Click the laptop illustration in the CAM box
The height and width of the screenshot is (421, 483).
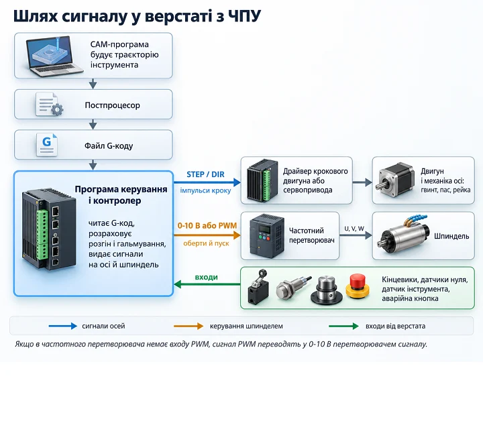tap(54, 56)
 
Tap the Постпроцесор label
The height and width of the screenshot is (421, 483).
tap(113, 105)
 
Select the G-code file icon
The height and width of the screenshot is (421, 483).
tap(47, 145)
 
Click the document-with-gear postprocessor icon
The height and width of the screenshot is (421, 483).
tap(49, 105)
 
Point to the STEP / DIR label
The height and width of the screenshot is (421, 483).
tap(205, 174)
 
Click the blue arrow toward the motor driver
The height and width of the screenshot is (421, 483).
tap(207, 182)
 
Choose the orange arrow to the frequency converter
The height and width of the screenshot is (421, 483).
tap(207, 235)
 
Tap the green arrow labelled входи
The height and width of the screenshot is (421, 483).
tap(207, 284)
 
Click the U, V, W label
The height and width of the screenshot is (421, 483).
tap(354, 229)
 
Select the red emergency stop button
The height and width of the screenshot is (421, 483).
tap(358, 286)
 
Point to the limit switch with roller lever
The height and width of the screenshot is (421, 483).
tap(258, 287)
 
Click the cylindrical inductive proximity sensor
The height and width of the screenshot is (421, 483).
tap(292, 288)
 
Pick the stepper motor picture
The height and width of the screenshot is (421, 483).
tap(394, 180)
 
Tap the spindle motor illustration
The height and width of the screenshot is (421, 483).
tap(404, 236)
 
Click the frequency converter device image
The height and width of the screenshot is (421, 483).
tap(267, 236)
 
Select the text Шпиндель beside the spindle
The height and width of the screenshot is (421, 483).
tap(451, 236)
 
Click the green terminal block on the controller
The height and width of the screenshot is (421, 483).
tap(42, 234)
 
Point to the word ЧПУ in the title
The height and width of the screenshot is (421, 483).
tap(245, 16)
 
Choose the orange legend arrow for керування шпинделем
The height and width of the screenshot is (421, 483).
tap(189, 326)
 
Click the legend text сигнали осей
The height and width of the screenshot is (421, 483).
tap(103, 326)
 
